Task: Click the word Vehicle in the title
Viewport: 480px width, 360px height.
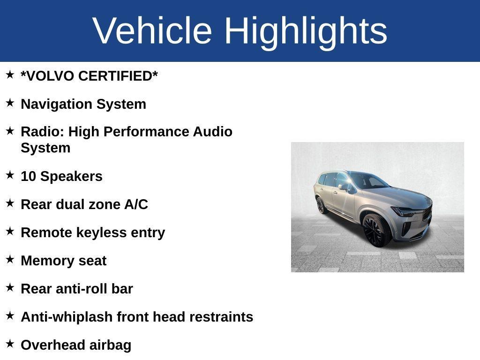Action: click(152, 30)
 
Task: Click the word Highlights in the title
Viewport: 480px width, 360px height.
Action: click(306, 30)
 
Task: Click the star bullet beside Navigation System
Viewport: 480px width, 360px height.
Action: click(10, 103)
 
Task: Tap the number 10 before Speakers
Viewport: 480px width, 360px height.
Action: click(28, 176)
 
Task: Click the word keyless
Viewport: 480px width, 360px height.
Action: click(102, 232)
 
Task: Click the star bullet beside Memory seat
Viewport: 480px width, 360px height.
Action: click(10, 259)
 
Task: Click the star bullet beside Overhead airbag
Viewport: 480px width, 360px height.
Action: click(10, 344)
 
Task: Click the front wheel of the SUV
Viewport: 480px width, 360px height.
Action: click(375, 230)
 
